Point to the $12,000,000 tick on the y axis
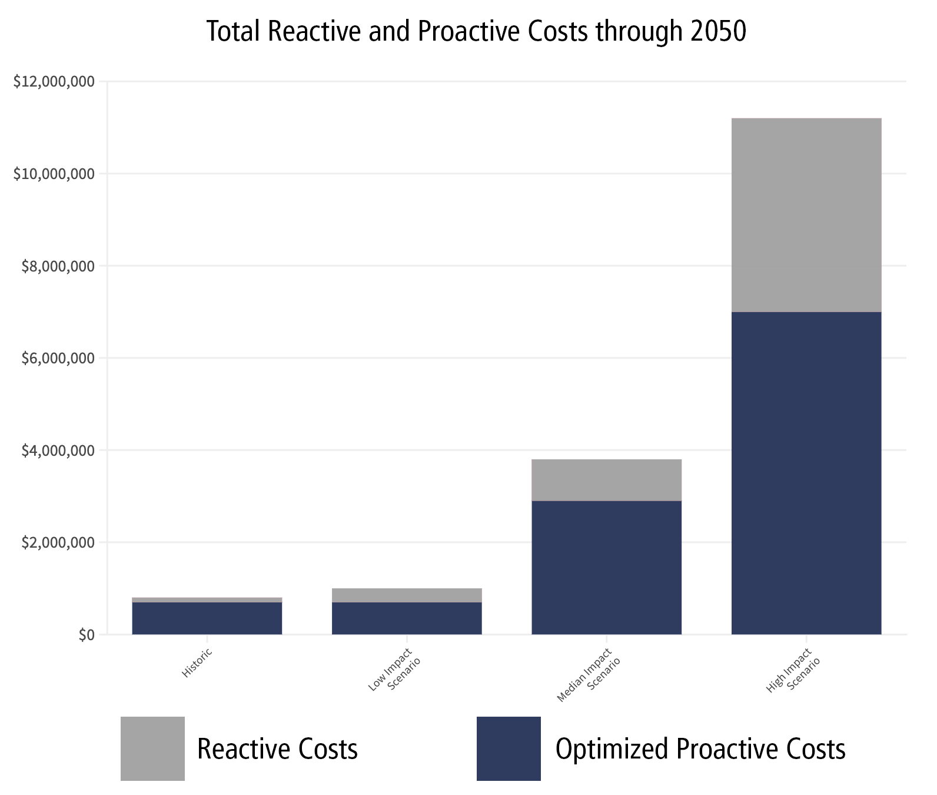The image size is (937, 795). click(x=54, y=82)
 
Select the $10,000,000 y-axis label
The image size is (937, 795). click(x=54, y=174)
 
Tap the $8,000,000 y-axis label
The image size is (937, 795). click(x=58, y=266)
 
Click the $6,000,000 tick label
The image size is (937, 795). click(x=58, y=358)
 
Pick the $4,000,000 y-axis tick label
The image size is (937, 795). click(x=58, y=450)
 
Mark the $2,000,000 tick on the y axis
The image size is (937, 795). click(x=58, y=542)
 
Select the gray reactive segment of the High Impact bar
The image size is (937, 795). click(x=806, y=215)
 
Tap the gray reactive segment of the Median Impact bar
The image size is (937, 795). click(x=606, y=480)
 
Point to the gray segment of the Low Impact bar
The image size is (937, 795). click(x=407, y=595)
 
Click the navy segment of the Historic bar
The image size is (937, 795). click(x=207, y=618)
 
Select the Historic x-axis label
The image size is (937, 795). click(x=197, y=662)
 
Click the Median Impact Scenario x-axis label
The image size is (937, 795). click(x=589, y=675)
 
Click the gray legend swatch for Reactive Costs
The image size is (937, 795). click(x=152, y=748)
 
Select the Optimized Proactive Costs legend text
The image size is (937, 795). click(x=700, y=749)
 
